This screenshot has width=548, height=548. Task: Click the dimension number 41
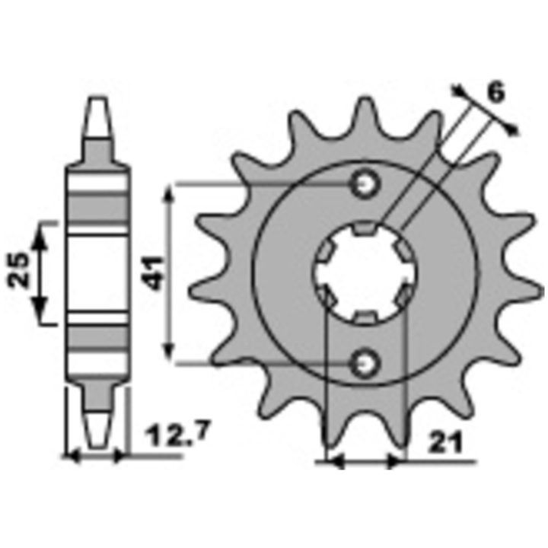[155, 273]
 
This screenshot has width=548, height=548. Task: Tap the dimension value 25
[18, 269]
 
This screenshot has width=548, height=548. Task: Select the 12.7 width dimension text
[179, 435]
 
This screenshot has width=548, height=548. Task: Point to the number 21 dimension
[446, 442]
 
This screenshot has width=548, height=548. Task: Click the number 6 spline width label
[496, 93]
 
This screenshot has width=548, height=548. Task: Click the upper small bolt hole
[365, 184]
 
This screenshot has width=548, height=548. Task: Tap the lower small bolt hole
[365, 364]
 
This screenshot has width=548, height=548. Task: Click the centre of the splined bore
[365, 273]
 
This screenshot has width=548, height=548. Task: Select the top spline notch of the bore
[365, 228]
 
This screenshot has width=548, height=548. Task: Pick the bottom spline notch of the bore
[365, 317]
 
